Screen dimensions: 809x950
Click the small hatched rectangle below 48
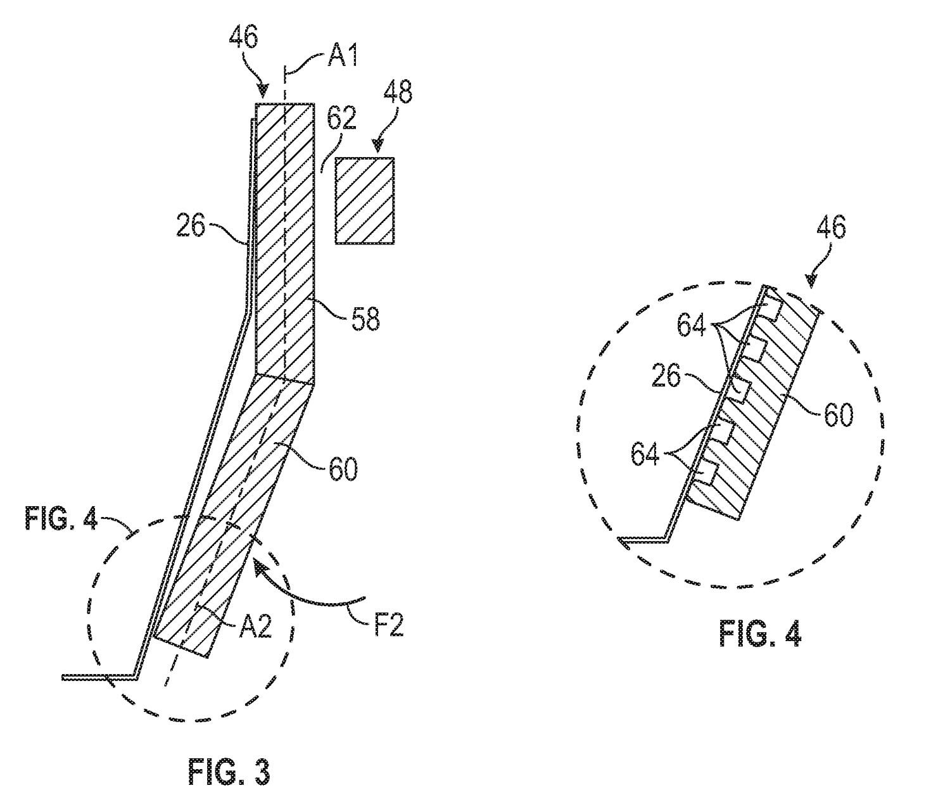pos(365,200)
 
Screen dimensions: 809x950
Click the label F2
pos(384,626)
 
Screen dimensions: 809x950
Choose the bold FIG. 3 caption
pos(229,773)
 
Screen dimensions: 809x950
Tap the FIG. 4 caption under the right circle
pos(759,634)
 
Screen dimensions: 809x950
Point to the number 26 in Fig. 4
pos(666,378)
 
